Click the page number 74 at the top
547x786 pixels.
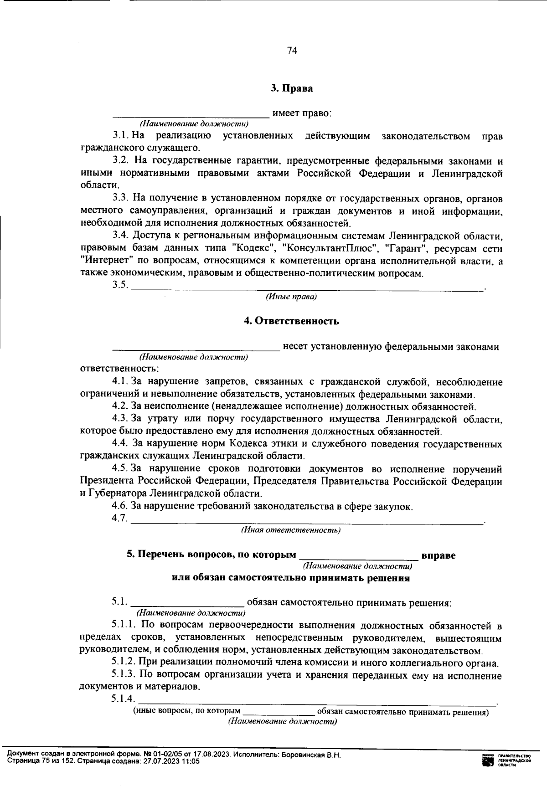coord(292,51)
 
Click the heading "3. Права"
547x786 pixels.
coord(292,88)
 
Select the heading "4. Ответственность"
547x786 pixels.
coord(291,321)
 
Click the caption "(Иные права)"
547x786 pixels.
coord(291,297)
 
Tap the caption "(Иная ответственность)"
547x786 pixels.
coord(290,530)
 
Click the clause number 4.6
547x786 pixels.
coord(119,506)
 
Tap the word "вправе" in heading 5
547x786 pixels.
coord(439,556)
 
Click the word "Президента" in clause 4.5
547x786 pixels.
coord(103,482)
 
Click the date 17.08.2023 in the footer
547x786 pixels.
coord(212,755)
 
